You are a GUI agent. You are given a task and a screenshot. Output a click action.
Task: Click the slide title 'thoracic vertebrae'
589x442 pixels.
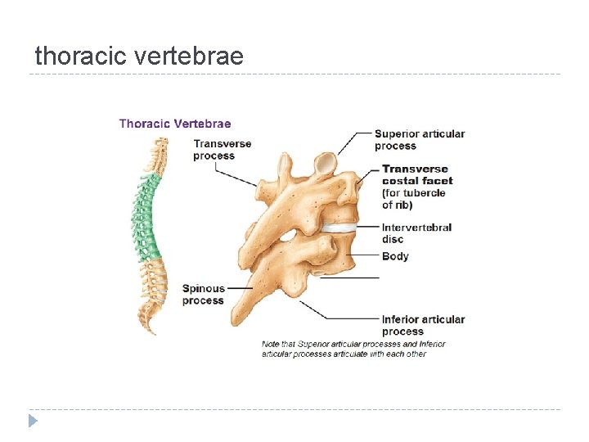(139, 56)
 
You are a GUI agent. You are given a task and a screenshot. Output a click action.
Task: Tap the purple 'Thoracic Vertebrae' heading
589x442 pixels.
(175, 124)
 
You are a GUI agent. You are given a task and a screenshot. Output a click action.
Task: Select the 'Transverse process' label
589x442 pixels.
(222, 150)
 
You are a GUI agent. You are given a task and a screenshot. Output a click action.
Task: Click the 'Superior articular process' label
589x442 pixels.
(420, 139)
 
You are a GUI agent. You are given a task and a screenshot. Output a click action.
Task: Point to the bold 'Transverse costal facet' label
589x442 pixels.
(417, 174)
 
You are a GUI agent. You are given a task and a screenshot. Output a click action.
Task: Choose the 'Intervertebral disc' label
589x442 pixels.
(416, 233)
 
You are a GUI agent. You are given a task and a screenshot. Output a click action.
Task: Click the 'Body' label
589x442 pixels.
(395, 256)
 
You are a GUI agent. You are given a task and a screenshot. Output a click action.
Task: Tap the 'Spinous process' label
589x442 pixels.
(203, 294)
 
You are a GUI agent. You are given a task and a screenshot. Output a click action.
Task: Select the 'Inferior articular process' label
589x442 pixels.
(423, 325)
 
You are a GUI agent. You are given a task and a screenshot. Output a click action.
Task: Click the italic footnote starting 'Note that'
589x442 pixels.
(353, 349)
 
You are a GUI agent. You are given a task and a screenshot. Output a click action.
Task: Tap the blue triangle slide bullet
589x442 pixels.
(33, 422)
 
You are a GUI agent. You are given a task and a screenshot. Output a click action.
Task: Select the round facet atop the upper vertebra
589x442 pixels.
(325, 163)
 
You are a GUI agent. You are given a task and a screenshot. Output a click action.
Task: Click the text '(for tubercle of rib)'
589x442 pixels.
(413, 199)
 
